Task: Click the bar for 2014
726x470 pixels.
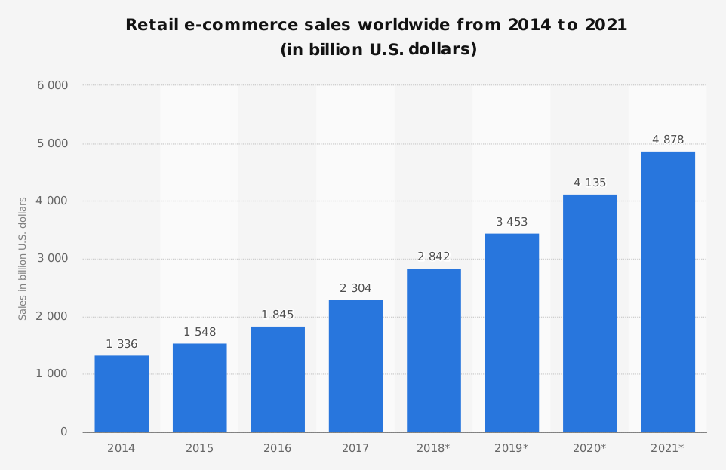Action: click(x=122, y=394)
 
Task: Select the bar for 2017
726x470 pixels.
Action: click(x=355, y=366)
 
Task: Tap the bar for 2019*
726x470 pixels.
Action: click(x=512, y=333)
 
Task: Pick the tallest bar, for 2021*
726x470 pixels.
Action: click(x=668, y=292)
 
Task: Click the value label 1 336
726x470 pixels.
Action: click(x=122, y=345)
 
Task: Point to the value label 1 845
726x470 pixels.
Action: click(x=278, y=315)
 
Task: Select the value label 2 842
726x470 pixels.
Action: click(x=434, y=257)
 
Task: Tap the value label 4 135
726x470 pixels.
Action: click(x=589, y=183)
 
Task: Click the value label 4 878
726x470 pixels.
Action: click(x=668, y=140)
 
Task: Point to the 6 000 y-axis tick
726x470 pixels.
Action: click(x=53, y=86)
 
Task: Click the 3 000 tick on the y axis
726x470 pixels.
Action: click(x=53, y=259)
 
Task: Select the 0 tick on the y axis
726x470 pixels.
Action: click(x=63, y=432)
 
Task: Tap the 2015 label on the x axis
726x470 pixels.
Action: click(x=199, y=449)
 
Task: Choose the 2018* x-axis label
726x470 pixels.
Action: click(x=433, y=449)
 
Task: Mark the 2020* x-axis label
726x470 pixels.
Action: click(x=589, y=449)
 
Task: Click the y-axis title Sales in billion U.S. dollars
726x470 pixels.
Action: click(x=23, y=259)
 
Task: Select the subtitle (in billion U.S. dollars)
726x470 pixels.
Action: click(x=378, y=51)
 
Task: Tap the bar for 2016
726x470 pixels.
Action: click(x=278, y=379)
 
